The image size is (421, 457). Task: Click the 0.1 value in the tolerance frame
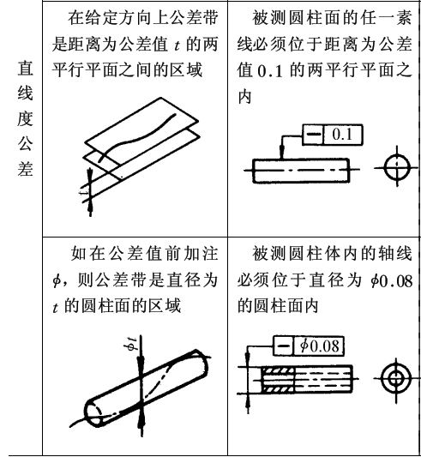point(342,135)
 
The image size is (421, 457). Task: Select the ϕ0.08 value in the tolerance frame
point(320,346)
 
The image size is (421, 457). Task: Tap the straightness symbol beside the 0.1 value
point(314,135)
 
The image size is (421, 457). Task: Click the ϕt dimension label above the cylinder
point(132,343)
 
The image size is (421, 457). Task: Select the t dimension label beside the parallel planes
point(84,192)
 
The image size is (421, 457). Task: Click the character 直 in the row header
point(25,68)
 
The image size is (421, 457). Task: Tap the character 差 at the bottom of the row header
point(25,169)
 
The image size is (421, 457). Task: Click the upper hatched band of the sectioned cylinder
point(278,370)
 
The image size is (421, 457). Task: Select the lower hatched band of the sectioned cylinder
point(278,388)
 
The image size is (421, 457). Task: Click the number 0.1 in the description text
point(270,71)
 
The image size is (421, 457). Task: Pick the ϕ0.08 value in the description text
point(391,281)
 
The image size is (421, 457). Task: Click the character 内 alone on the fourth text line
point(244,96)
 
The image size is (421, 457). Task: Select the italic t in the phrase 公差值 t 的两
point(177,45)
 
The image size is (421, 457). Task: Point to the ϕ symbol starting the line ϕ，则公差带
point(57,281)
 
